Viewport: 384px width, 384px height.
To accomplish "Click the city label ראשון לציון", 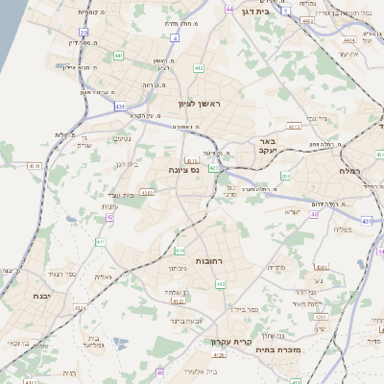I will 199,103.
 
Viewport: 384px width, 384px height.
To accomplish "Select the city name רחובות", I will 208,260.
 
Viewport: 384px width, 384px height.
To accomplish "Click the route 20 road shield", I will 84,33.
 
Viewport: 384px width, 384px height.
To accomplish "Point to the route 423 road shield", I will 214,168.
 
